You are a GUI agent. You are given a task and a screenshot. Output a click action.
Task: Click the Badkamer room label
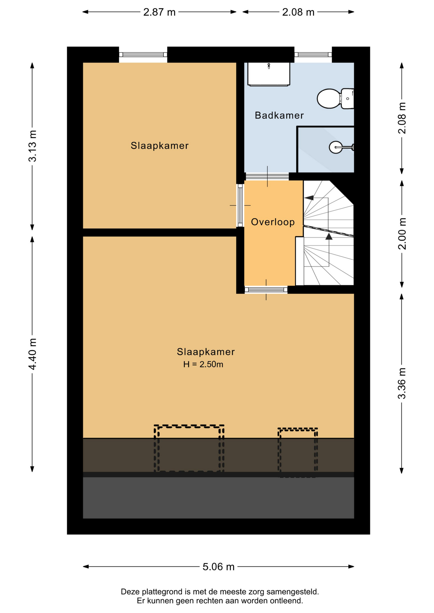279,115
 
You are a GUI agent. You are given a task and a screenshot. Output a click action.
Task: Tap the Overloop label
273,222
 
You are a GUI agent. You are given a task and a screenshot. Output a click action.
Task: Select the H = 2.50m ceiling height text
203,364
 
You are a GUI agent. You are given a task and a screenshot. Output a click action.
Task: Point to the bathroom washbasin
269,74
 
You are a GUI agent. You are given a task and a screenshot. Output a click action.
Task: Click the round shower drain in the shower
336,147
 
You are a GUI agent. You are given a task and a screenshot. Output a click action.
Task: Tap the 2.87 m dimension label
159,12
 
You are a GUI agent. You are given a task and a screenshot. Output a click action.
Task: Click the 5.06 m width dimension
219,566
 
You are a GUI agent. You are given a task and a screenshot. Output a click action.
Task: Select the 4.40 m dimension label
33,354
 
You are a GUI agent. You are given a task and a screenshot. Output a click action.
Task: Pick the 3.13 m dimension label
33,146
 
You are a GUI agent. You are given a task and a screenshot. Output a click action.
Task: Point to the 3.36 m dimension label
402,383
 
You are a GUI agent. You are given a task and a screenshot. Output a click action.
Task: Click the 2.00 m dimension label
402,234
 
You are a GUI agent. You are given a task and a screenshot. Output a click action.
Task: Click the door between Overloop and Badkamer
267,176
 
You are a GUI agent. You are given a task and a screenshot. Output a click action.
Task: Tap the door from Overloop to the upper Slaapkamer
240,205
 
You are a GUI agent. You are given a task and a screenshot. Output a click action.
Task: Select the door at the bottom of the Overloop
266,290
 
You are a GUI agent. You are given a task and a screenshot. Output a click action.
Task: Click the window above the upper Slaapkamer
143,55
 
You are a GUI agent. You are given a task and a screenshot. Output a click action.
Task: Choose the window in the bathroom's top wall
313,55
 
